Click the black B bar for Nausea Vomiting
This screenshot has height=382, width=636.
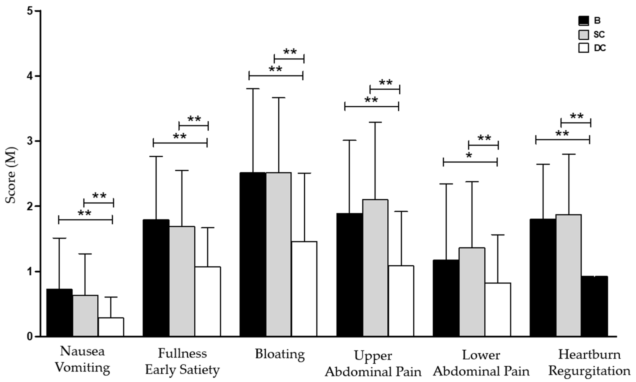pyautogui.click(x=59, y=312)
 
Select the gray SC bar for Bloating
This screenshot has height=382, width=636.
pyautogui.click(x=279, y=254)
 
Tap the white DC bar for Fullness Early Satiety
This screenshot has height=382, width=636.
pyautogui.click(x=208, y=301)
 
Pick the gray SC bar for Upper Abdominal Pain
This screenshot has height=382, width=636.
pyautogui.click(x=375, y=268)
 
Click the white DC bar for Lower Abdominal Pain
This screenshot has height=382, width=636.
pyautogui.click(x=498, y=309)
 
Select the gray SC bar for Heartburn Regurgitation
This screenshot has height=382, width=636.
pyautogui.click(x=569, y=275)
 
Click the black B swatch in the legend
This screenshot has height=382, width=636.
pyautogui.click(x=583, y=21)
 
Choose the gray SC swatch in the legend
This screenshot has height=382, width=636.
pyautogui.click(x=583, y=35)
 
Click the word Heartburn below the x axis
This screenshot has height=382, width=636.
pyautogui.click(x=589, y=355)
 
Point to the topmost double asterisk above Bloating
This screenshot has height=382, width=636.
pyautogui.click(x=290, y=52)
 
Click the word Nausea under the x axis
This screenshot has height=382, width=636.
pyautogui.click(x=82, y=351)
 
